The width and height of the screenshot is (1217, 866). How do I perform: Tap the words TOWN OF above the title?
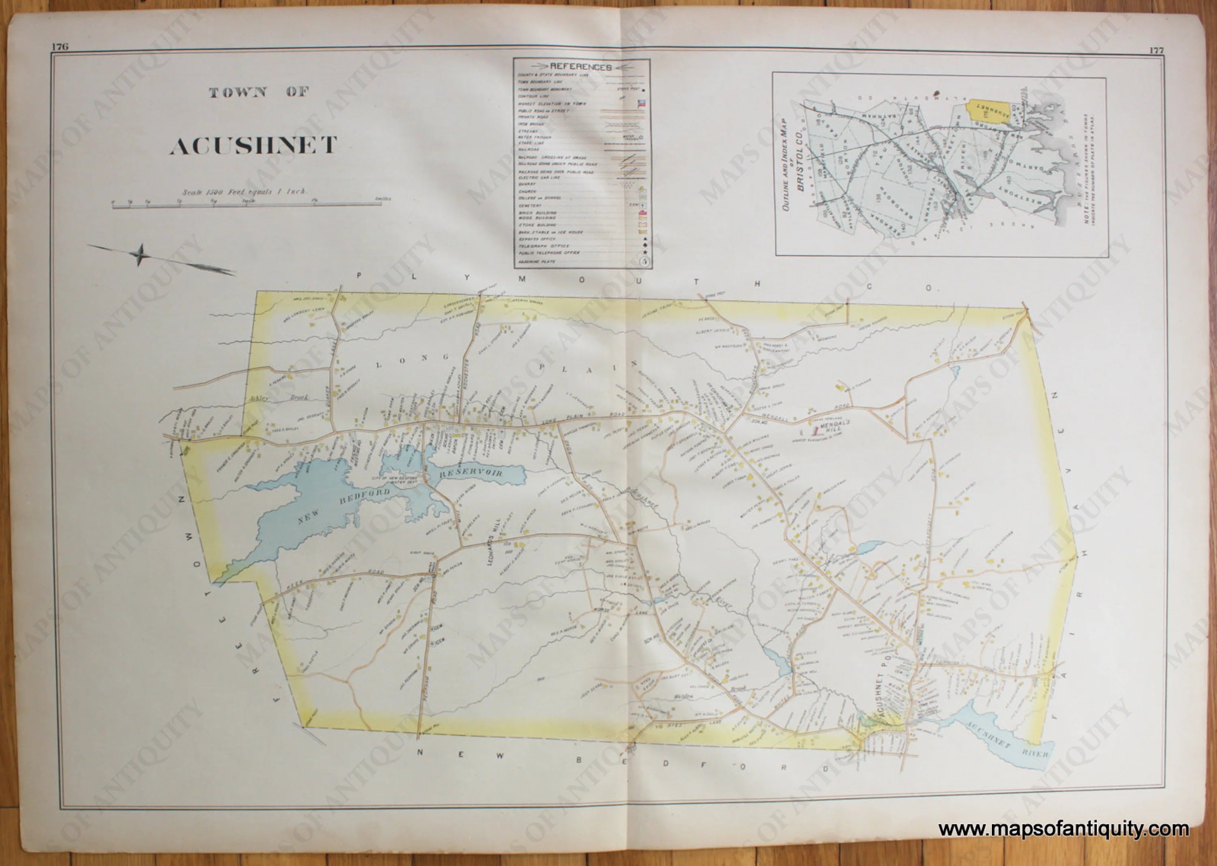[x=259, y=92]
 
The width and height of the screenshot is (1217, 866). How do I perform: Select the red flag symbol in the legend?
[x=642, y=104]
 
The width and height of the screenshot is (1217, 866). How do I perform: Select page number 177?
[x=1156, y=51]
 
